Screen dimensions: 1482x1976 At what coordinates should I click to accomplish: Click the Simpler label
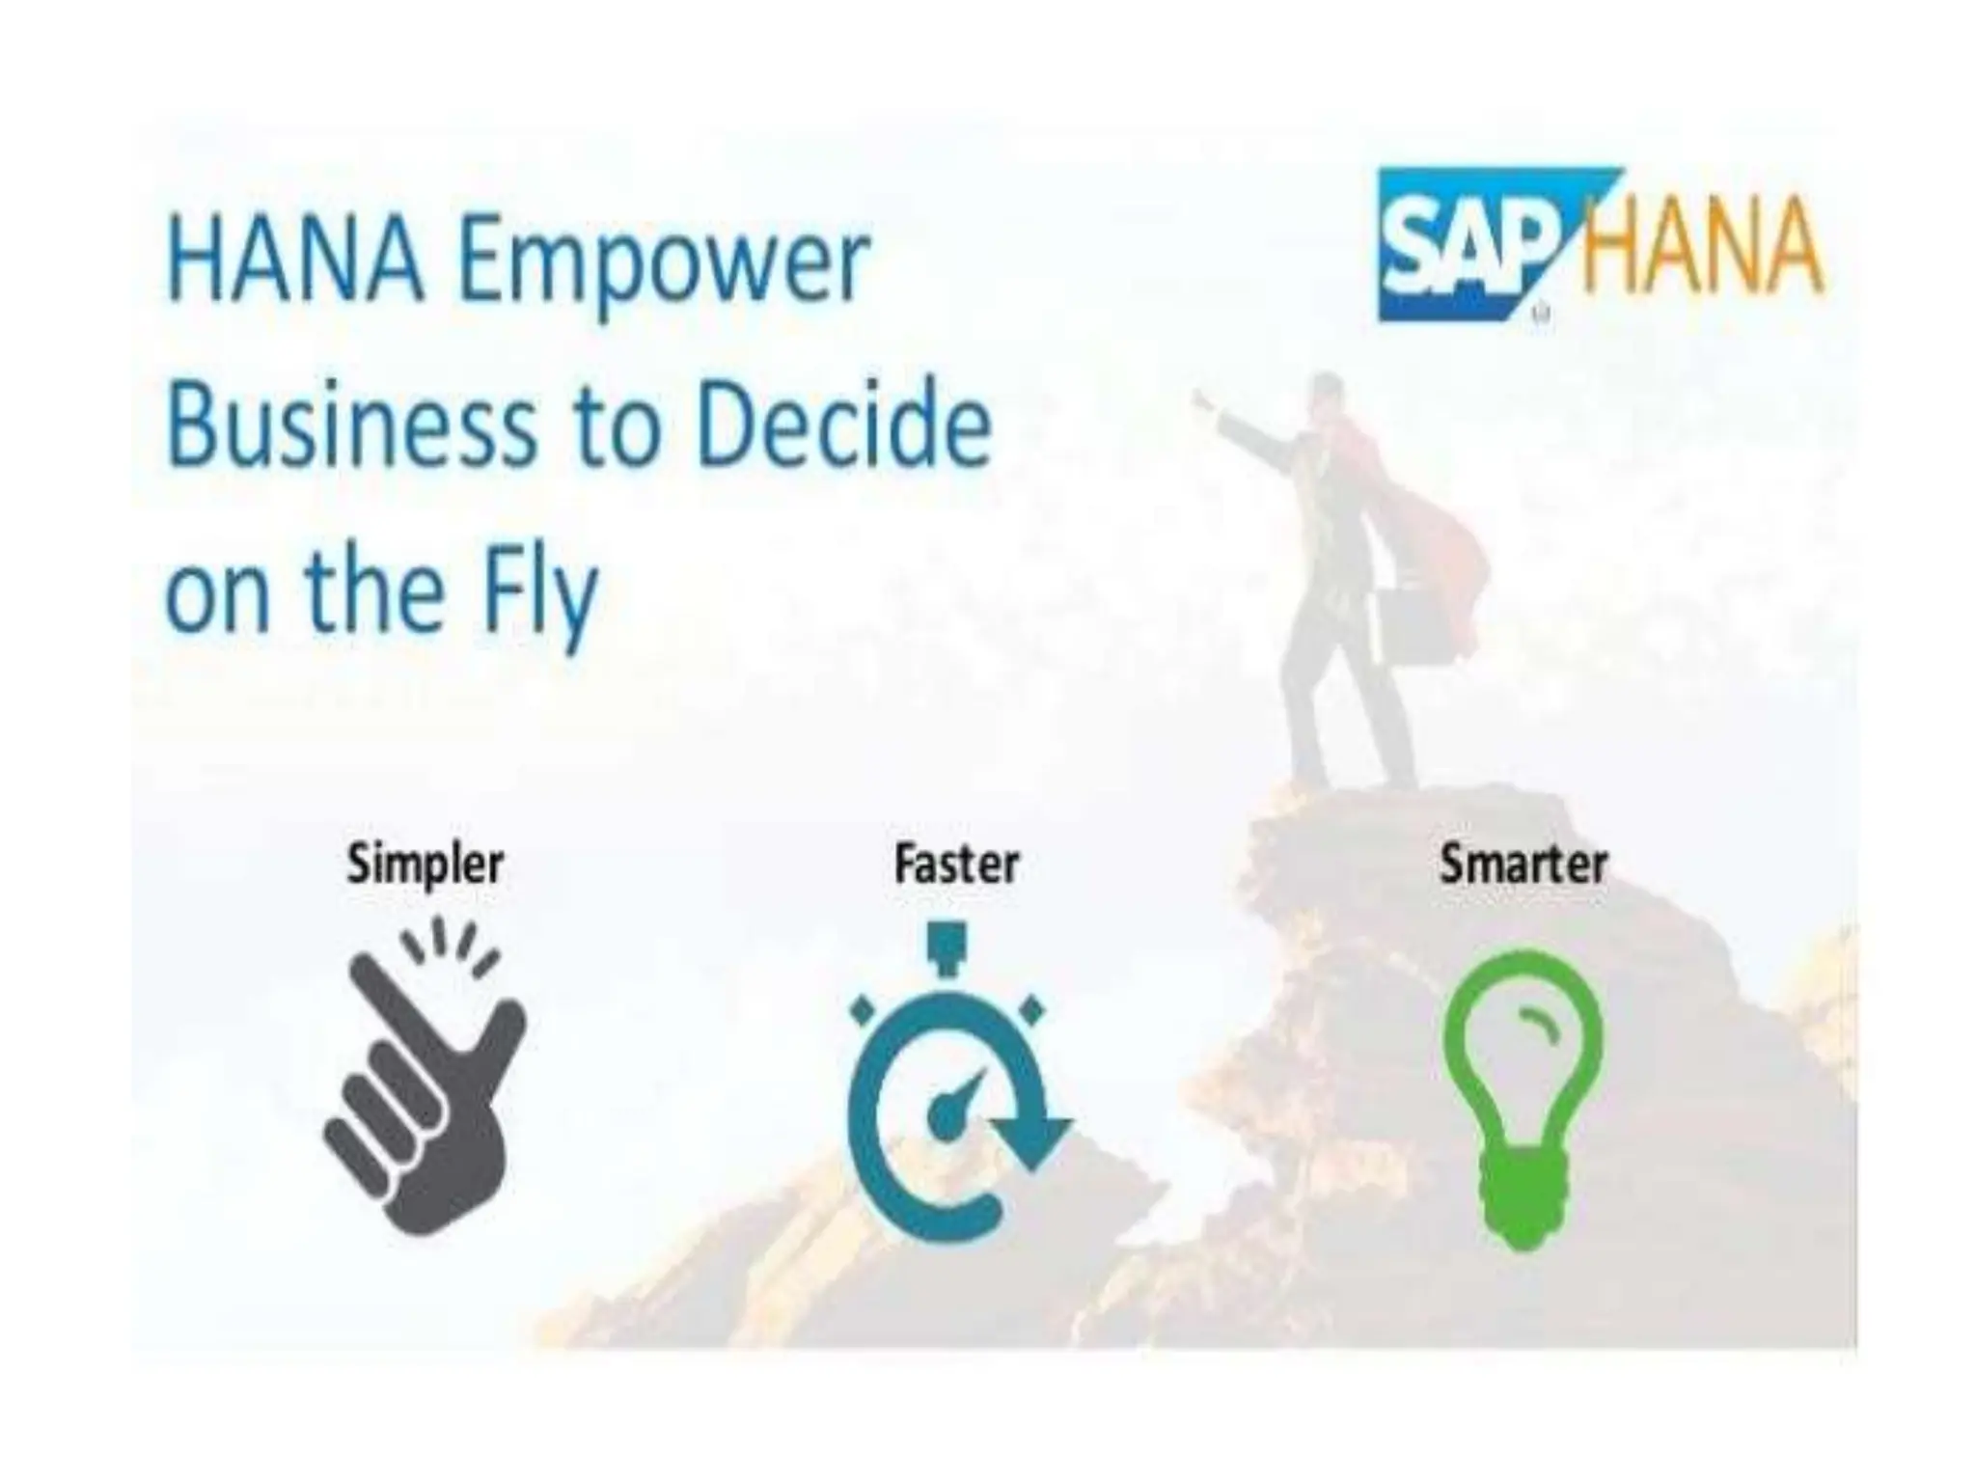(x=425, y=864)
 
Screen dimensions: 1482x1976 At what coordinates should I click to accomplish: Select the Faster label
(x=956, y=864)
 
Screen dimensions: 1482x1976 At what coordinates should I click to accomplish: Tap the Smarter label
(x=1523, y=864)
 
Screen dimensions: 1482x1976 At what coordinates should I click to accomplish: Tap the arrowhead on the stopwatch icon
(x=1032, y=1139)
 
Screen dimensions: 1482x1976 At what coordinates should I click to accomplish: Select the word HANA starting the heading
(x=295, y=262)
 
